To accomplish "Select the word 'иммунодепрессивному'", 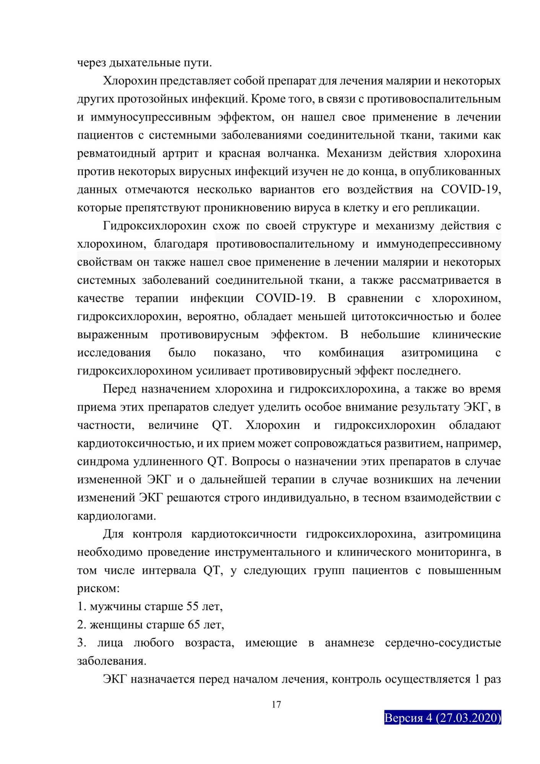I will [438, 244].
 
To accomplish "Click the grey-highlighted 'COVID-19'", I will [284, 298].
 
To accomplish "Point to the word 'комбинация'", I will [351, 353].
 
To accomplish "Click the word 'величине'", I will [173, 425].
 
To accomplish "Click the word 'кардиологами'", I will [116, 516].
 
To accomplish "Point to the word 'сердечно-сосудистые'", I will [443, 643].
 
